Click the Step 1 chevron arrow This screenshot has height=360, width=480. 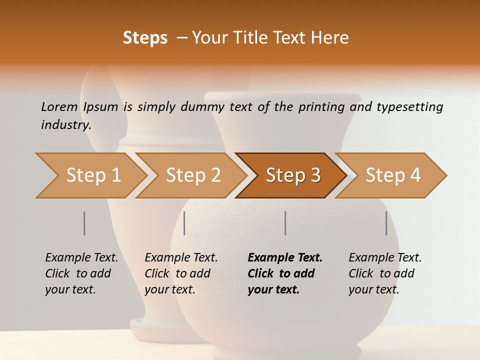point(92,175)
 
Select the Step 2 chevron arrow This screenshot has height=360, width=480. point(192,175)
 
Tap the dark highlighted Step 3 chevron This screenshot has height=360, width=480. point(292,175)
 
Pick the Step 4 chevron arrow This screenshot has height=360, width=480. point(392,175)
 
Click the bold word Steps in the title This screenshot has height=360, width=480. point(145,38)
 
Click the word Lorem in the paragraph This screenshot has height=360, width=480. point(59,107)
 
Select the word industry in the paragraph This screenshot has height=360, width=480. point(66,124)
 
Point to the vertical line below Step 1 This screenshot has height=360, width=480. point(84,223)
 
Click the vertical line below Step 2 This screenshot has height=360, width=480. point(184,223)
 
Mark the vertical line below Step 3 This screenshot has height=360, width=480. point(285,223)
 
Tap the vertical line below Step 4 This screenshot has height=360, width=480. point(386,223)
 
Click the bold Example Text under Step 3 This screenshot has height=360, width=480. point(285,258)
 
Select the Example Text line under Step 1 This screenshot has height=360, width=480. point(81,258)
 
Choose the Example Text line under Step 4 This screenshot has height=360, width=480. point(385,258)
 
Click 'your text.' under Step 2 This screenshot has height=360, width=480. point(170,289)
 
